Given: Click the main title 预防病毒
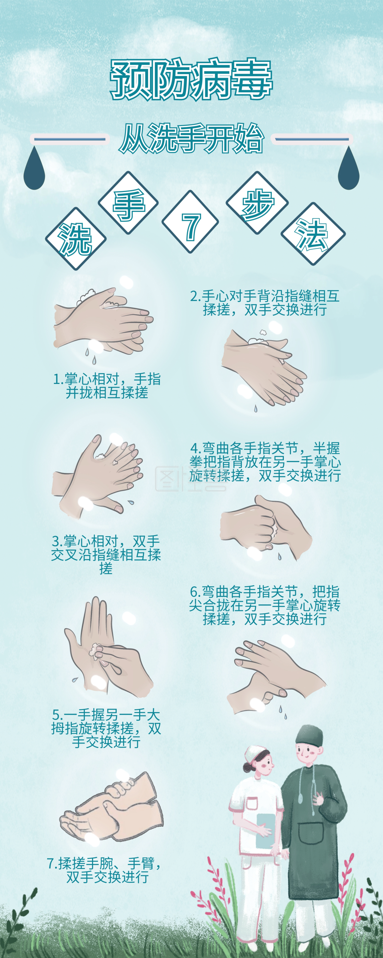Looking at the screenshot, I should click(x=191, y=80).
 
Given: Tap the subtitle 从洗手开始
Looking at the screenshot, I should click(x=191, y=139).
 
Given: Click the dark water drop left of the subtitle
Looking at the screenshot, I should click(x=34, y=170).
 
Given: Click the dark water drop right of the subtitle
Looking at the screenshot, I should click(x=348, y=170).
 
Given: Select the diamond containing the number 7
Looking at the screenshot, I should click(x=190, y=222).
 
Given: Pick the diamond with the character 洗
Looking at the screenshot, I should click(x=76, y=239).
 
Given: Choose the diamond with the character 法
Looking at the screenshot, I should click(x=313, y=234).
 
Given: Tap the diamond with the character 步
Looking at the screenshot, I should click(x=257, y=203).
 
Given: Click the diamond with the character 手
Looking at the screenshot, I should click(x=128, y=203).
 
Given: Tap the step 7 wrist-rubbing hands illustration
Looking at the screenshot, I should click(x=112, y=808).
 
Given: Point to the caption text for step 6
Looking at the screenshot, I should click(x=265, y=605).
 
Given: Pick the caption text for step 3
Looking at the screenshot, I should click(x=106, y=555).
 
